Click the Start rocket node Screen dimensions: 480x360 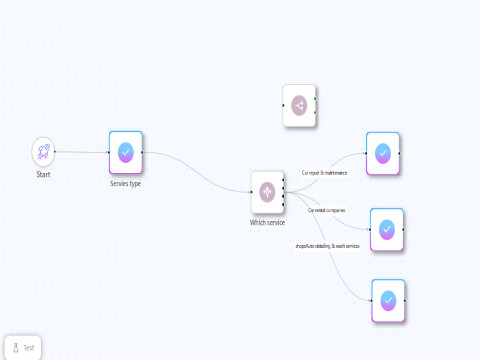click(x=43, y=152)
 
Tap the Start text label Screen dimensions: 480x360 click(x=43, y=175)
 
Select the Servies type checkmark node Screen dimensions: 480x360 click(x=125, y=153)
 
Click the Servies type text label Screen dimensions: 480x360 click(x=125, y=184)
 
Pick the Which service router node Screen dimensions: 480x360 click(x=267, y=192)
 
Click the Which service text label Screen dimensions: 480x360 click(x=267, y=223)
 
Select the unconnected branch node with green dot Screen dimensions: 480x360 click(x=299, y=106)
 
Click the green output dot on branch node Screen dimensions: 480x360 click(x=315, y=98)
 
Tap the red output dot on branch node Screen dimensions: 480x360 click(x=315, y=112)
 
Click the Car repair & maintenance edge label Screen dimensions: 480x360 click(x=324, y=173)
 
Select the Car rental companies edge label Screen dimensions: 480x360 click(x=326, y=210)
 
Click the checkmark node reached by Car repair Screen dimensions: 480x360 click(x=383, y=154)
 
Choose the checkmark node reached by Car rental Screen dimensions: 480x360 click(x=386, y=229)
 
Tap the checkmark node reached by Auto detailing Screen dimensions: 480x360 click(x=388, y=300)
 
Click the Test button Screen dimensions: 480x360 click(x=23, y=348)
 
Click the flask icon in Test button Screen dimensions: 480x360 click(x=16, y=348)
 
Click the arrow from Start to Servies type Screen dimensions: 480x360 click(x=82, y=152)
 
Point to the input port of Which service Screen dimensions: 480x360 click(x=252, y=192)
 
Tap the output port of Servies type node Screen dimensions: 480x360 click(x=142, y=153)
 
